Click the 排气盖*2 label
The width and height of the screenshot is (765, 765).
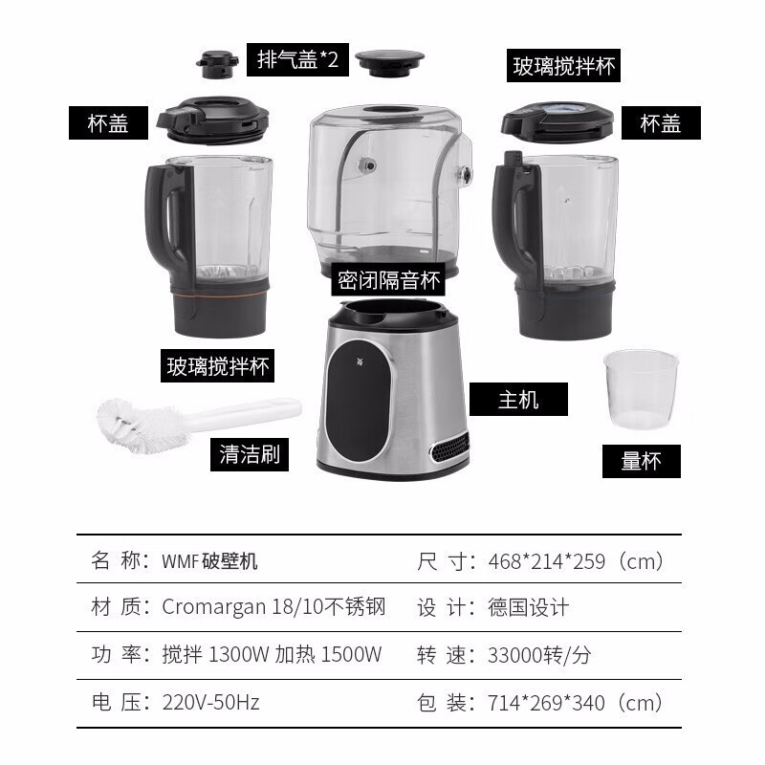click(297, 59)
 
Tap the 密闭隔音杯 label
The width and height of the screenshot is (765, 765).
click(388, 280)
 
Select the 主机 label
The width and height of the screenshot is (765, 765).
click(518, 400)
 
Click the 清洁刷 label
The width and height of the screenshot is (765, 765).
click(250, 454)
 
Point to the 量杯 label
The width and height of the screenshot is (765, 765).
click(641, 461)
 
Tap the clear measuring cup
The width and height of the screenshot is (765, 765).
click(641, 389)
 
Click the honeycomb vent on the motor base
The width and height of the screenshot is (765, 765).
click(448, 447)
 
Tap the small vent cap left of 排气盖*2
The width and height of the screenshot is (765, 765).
click(218, 65)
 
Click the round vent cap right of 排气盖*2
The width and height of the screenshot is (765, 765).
click(389, 62)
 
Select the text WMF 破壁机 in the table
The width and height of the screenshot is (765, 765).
click(209, 561)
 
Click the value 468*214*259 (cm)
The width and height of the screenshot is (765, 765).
click(576, 561)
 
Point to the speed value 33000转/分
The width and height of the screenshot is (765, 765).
click(539, 655)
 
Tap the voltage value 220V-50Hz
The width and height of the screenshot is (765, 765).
click(210, 703)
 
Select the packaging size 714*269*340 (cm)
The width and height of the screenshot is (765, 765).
click(576, 703)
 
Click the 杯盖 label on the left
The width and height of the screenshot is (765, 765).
click(108, 123)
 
